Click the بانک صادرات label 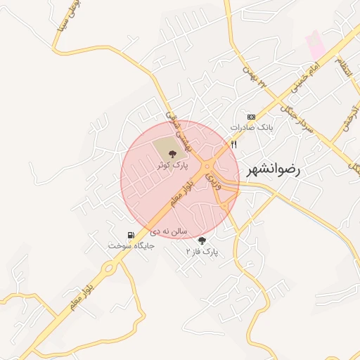pos(251,128)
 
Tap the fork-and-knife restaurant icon pos(233,144)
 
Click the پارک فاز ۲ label pos(202,251)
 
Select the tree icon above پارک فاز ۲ pos(202,240)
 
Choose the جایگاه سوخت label pos(129,245)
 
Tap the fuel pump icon pos(130,235)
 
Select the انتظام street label pos(342,69)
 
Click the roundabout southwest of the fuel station pos(109,267)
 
